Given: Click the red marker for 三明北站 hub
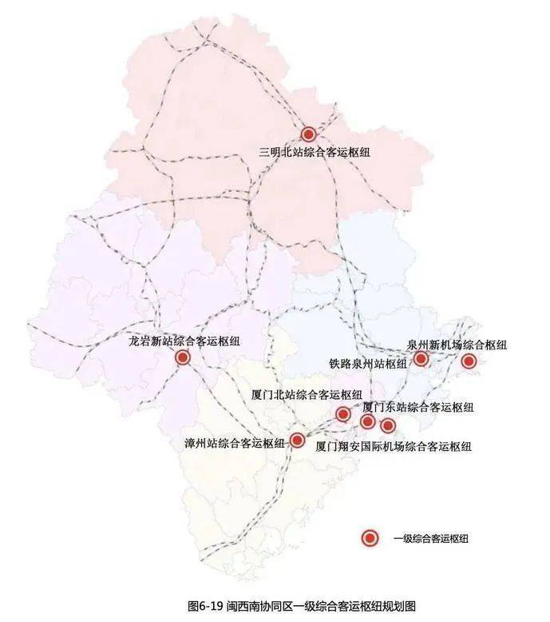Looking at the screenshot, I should (308, 135).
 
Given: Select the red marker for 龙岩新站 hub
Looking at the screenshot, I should (183, 357).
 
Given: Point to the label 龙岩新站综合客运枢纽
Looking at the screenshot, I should (184, 341).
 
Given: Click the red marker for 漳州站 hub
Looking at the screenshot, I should (297, 440).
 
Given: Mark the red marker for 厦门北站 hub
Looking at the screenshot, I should (343, 413).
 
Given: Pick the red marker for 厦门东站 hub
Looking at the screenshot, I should (368, 421).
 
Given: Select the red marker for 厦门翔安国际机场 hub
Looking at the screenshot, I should (388, 425).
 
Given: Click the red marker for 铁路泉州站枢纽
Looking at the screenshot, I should (421, 359).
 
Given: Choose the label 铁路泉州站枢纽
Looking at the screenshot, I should (368, 363).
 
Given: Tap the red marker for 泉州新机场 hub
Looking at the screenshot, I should (469, 361).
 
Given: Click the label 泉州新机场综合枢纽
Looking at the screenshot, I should (457, 345).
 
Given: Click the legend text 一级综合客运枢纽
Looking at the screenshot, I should (430, 539).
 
